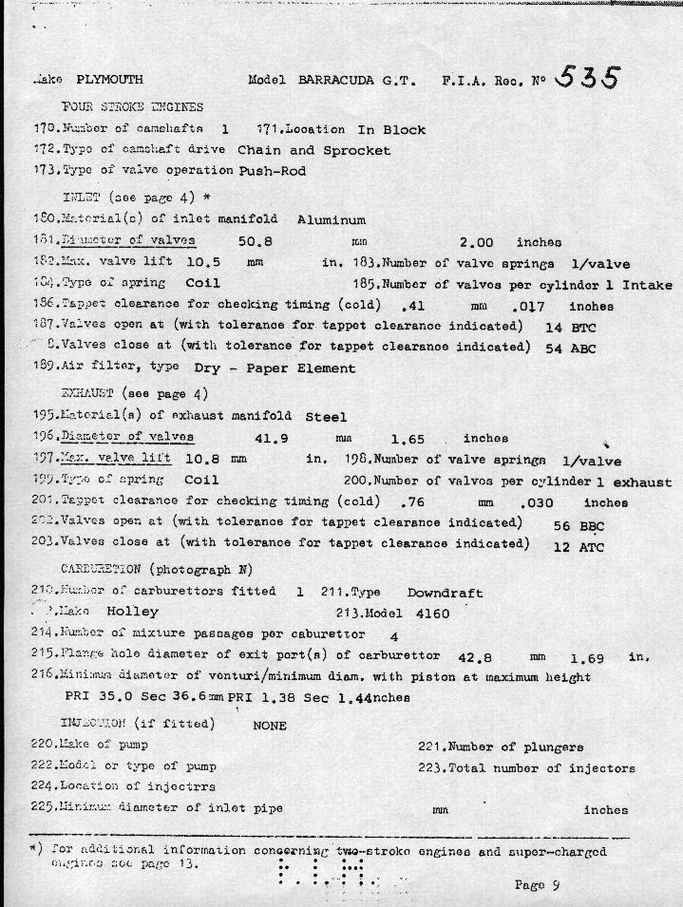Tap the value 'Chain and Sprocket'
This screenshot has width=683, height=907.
[313, 150]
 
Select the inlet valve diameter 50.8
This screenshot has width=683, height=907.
[255, 242]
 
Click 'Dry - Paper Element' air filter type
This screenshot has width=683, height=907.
[275, 368]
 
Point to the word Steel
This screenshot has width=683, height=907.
[326, 417]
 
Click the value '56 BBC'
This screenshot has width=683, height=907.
[579, 525]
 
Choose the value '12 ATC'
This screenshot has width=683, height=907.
[578, 547]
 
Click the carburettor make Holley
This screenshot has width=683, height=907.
[132, 612]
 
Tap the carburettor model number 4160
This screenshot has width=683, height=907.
[430, 614]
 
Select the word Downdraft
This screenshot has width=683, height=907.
[445, 593]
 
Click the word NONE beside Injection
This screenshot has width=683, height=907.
[270, 725]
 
